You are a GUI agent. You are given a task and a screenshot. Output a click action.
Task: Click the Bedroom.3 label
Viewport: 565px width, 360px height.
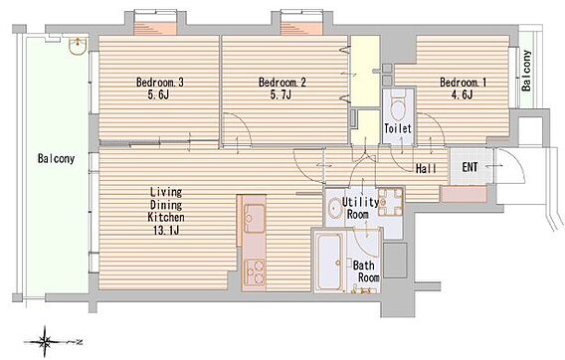(x=159, y=83)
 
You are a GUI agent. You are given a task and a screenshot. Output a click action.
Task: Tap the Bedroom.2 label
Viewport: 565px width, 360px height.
(x=282, y=83)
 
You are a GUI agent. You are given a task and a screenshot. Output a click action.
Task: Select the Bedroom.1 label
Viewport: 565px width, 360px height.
(x=463, y=83)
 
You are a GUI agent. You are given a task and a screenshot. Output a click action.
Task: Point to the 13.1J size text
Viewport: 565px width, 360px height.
(x=166, y=231)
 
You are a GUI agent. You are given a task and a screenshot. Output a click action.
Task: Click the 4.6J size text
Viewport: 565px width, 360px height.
(x=462, y=95)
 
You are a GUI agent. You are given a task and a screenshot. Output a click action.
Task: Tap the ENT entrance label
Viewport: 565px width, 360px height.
(x=470, y=167)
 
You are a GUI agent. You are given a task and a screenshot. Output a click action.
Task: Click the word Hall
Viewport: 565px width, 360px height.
(x=427, y=168)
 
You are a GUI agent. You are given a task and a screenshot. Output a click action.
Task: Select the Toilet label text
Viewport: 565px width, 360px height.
(x=398, y=128)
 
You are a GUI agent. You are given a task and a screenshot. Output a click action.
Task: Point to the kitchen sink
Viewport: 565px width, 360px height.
(x=254, y=219)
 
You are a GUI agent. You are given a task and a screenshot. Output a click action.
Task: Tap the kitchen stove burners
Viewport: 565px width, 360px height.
(x=254, y=271)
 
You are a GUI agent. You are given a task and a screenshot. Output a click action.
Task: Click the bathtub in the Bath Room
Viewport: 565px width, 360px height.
(x=328, y=262)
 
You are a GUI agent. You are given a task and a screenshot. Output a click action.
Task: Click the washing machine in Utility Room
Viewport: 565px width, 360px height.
(x=390, y=202)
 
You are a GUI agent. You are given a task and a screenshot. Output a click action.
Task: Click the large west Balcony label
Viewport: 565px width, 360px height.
(x=57, y=159)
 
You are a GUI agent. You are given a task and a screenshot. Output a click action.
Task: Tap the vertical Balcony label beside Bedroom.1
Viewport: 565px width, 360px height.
(x=527, y=71)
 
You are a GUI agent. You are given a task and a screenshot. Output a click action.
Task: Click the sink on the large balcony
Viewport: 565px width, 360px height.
(x=78, y=46)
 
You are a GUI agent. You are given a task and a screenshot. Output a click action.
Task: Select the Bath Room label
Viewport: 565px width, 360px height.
(x=366, y=271)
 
